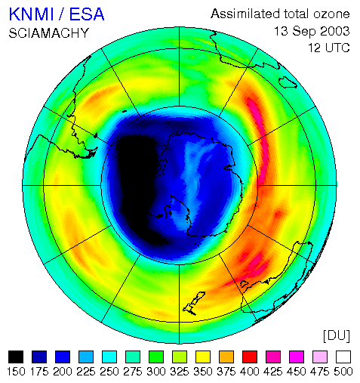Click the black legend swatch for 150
coord(16,357)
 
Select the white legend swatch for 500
coord(343,357)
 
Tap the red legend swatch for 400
coord(250,357)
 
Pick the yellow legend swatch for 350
coord(203,357)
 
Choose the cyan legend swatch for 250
coord(109,357)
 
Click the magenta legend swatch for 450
coord(297,357)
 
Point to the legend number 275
coord(133,372)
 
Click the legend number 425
coord(273,372)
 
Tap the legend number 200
coord(63,372)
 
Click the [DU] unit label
coord(337,335)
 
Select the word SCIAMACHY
coord(49,33)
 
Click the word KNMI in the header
coord(32,14)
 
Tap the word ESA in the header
coord(87,14)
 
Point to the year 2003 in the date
coord(335,32)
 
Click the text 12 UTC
coord(329,48)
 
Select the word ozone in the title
coord(331,14)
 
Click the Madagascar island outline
coord(288,82)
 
